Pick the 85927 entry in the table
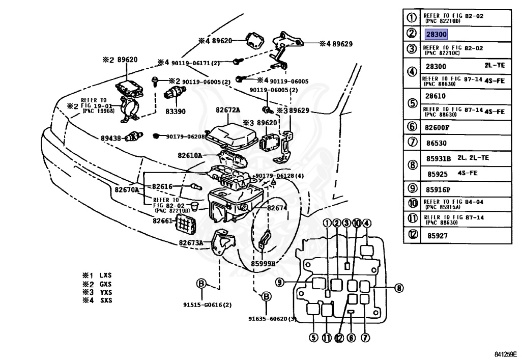[x=437, y=236]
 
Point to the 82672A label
[x=227, y=110]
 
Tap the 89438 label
[x=110, y=137]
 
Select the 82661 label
[x=162, y=221]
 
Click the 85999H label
[x=263, y=264]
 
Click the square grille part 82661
[x=185, y=223]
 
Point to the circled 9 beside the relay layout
[x=279, y=283]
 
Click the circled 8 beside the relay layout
[x=399, y=288]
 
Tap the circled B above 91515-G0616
[x=201, y=284]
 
